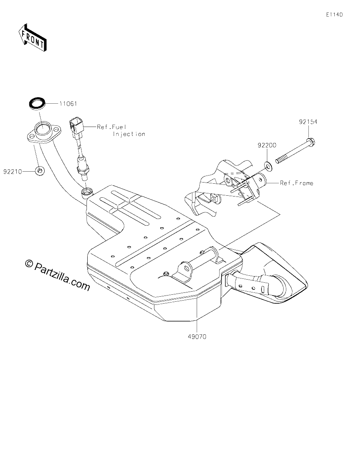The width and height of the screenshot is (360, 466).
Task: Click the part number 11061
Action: (68, 104)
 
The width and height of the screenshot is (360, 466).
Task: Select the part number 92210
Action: (13, 172)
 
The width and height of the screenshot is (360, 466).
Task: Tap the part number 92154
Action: (308, 122)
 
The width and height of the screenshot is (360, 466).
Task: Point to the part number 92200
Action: (267, 145)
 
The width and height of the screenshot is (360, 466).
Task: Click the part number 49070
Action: (197, 337)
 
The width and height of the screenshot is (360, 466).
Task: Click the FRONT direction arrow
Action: (32, 38)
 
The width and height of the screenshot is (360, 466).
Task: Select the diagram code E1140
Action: (334, 15)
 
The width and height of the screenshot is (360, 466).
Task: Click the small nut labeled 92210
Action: (40, 171)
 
